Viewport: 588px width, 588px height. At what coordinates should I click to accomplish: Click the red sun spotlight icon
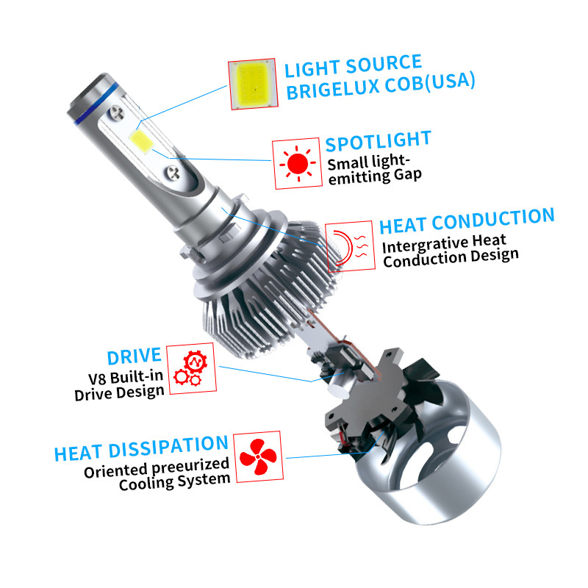pyautogui.click(x=298, y=163)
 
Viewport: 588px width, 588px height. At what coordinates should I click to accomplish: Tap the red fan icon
pyautogui.click(x=258, y=456)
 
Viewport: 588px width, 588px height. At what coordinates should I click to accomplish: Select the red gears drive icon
pyautogui.click(x=191, y=368)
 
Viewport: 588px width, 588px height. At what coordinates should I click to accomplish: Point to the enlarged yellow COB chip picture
pyautogui.click(x=252, y=83)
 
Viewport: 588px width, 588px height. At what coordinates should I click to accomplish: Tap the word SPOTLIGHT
pyautogui.click(x=378, y=141)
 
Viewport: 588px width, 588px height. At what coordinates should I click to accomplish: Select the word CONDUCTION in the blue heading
pyautogui.click(x=492, y=219)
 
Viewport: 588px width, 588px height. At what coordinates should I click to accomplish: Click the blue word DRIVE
pyautogui.click(x=135, y=356)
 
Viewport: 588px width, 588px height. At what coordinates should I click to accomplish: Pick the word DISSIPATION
pyautogui.click(x=168, y=446)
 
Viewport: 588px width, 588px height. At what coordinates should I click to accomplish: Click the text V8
pyautogui.click(x=97, y=379)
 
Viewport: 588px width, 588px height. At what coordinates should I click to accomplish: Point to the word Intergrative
pyautogui.click(x=425, y=245)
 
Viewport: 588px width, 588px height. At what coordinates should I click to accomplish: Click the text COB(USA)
pyautogui.click(x=430, y=82)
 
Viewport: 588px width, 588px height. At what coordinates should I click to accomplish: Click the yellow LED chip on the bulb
pyautogui.click(x=141, y=140)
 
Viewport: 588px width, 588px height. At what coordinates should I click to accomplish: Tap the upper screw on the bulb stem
pyautogui.click(x=117, y=112)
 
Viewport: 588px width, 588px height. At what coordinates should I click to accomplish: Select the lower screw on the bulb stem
pyautogui.click(x=173, y=173)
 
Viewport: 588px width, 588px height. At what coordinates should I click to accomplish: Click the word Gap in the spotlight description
pyautogui.click(x=408, y=175)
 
